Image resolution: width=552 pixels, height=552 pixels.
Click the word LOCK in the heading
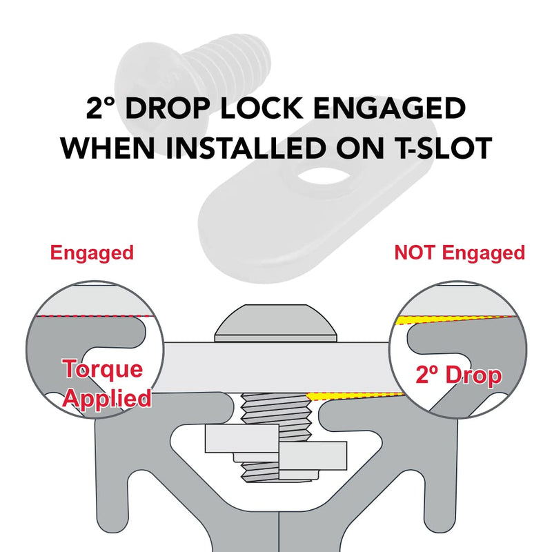coord(262,108)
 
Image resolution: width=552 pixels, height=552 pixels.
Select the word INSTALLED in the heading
coord(246,148)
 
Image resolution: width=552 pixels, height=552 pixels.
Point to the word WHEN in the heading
coord(108,148)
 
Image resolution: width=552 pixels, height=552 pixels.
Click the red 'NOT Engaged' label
coord(460,253)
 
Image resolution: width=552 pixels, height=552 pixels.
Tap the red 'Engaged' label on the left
coord(92,253)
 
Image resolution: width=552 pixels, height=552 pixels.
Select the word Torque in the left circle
coord(103,369)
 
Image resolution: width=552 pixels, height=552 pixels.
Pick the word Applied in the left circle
coord(108,399)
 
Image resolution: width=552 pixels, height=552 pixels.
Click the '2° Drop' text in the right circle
coord(458,375)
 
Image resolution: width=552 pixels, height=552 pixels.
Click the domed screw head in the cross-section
coord(275,323)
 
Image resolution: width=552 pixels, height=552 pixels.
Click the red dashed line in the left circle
coord(95,316)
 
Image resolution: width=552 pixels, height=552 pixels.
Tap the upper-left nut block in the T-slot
coord(242,438)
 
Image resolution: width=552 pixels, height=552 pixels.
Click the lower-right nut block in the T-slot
coord(313,455)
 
